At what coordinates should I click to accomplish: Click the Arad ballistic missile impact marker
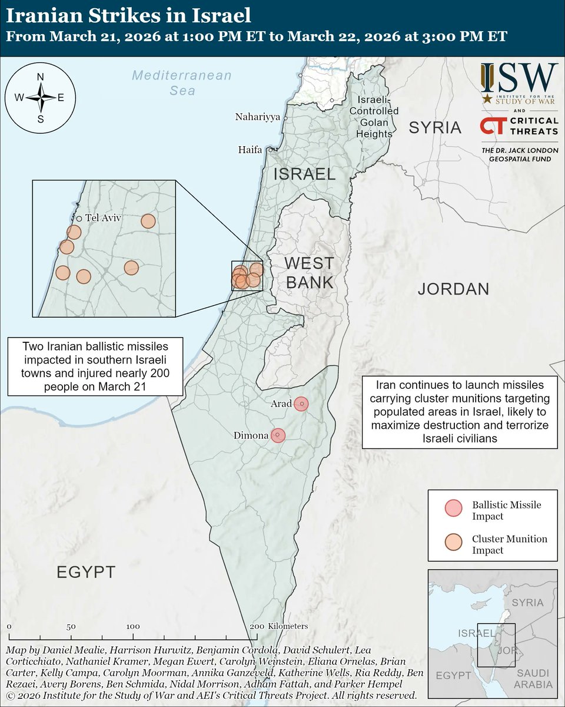coord(301,404)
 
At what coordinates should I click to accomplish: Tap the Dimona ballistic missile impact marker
coord(278,435)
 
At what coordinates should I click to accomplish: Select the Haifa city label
coord(250,150)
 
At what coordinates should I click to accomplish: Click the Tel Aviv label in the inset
coord(103,218)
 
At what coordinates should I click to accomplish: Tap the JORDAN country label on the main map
coord(453,289)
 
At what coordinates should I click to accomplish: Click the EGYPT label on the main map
coord(86,571)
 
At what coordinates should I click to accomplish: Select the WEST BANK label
coord(310,272)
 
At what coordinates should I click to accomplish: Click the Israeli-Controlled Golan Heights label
coord(374,117)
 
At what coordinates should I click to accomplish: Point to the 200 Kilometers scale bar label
coord(280,626)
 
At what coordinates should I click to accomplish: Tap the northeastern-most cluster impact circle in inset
coord(148,221)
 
